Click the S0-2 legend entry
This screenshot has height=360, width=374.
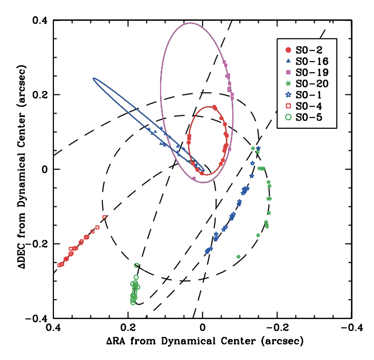(305, 48)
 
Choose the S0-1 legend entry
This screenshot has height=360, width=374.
(305, 95)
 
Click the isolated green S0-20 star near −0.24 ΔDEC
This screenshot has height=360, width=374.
(238, 257)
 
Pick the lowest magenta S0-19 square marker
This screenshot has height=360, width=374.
(193, 178)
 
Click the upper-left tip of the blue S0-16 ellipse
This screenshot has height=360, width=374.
(94, 79)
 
